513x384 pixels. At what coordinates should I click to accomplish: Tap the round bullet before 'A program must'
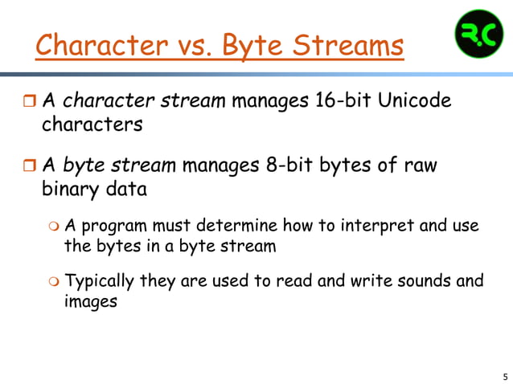[x=52, y=226]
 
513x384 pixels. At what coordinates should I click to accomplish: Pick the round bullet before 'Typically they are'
[x=52, y=282]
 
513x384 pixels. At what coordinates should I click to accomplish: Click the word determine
[x=253, y=226]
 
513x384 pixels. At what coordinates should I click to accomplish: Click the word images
[x=91, y=303]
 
